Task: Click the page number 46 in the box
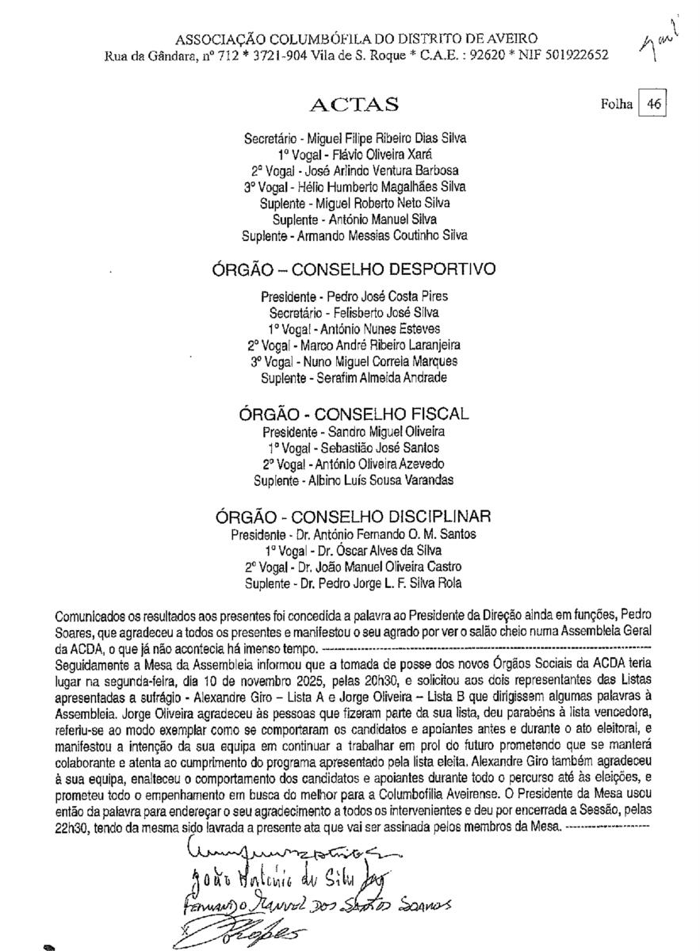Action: click(654, 104)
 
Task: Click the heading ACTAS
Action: click(354, 105)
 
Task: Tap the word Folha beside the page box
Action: click(618, 104)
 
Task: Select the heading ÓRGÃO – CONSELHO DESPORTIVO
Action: click(354, 269)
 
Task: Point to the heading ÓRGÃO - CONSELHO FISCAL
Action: click(354, 414)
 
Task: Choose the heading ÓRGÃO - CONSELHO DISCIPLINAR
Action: click(354, 517)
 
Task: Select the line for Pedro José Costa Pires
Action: click(365, 296)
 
